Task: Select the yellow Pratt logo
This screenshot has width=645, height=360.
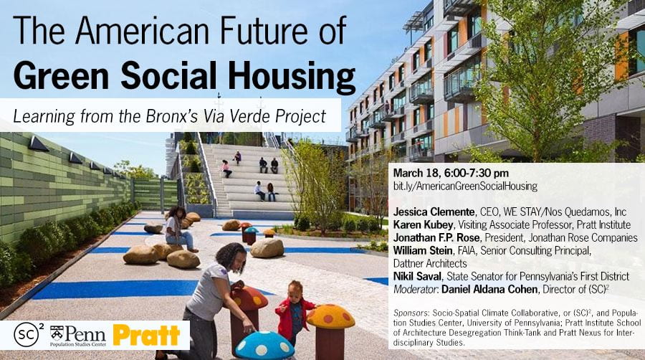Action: pos(146,336)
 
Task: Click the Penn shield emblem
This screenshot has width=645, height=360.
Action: pos(57,333)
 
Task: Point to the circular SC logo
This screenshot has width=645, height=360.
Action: pos(27,334)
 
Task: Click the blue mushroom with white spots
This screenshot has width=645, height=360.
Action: pos(264,346)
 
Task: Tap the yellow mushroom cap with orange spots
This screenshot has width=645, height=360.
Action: pos(330,316)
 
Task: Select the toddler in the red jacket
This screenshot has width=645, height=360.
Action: pos(293,313)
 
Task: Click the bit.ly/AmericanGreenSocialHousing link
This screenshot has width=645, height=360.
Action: pos(465,186)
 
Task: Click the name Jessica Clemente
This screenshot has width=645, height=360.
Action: pos(434,212)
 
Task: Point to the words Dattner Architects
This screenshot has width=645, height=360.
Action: pos(430,263)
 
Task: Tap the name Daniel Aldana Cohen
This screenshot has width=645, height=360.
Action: pos(489,289)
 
